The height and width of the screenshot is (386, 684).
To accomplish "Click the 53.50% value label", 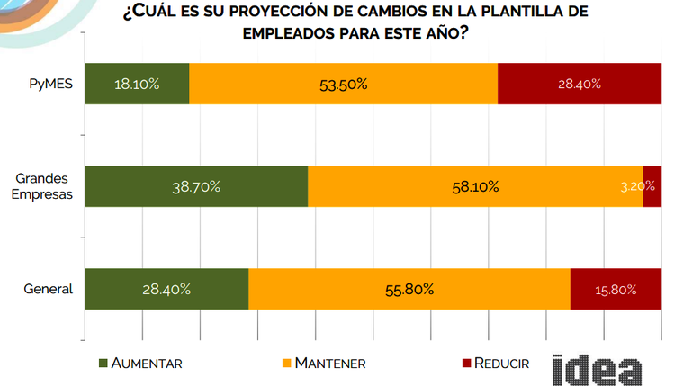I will (x=343, y=85).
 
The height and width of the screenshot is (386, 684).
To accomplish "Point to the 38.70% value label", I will (x=196, y=187).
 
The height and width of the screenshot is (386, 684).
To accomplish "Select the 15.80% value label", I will (x=616, y=290).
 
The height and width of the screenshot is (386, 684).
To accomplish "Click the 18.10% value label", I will (x=137, y=85).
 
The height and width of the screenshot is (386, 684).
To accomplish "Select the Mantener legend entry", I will (x=323, y=364).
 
